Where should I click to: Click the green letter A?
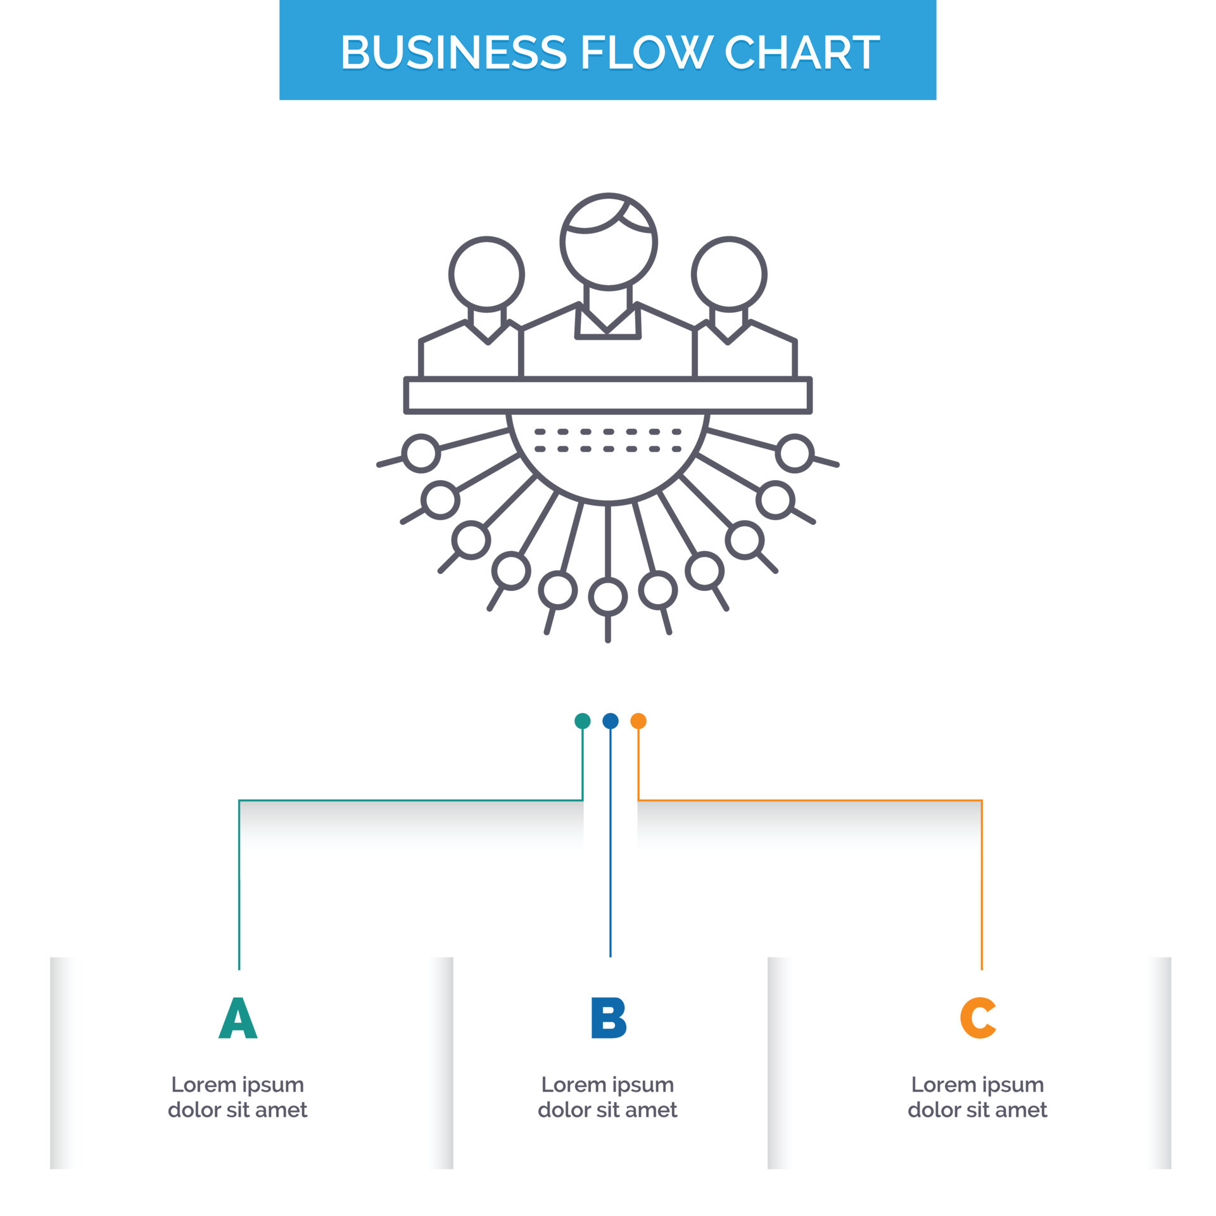point(237,1018)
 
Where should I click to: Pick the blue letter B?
point(608,1018)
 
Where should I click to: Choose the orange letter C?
point(978,1018)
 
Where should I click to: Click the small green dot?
point(582,721)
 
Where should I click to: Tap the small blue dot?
point(610,721)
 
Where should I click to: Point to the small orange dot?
point(638,721)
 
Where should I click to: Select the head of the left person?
point(486,274)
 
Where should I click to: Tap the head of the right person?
point(729,274)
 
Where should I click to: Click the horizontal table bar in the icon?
point(608,395)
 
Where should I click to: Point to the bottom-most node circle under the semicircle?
point(608,597)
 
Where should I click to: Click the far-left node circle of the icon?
point(421,453)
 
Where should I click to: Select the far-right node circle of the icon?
point(795,453)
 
